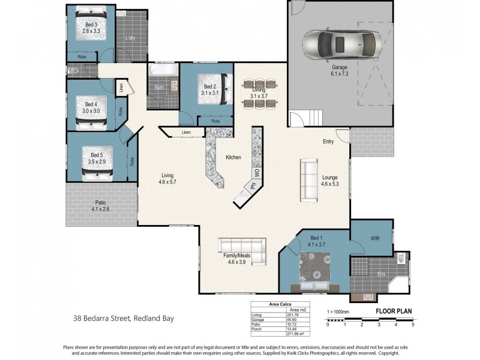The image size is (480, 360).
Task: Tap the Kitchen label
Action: (x=233, y=157)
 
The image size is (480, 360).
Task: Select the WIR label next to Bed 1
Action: (x=375, y=238)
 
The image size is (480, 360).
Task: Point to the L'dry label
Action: (x=130, y=38)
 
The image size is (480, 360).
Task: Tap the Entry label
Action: (x=328, y=142)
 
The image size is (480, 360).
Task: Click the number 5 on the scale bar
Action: (x=413, y=325)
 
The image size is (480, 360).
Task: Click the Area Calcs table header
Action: (x=280, y=304)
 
